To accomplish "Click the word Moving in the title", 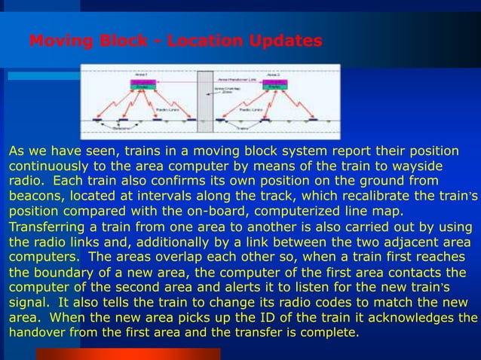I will pos(61,41).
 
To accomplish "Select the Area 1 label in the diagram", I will pos(141,75).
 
